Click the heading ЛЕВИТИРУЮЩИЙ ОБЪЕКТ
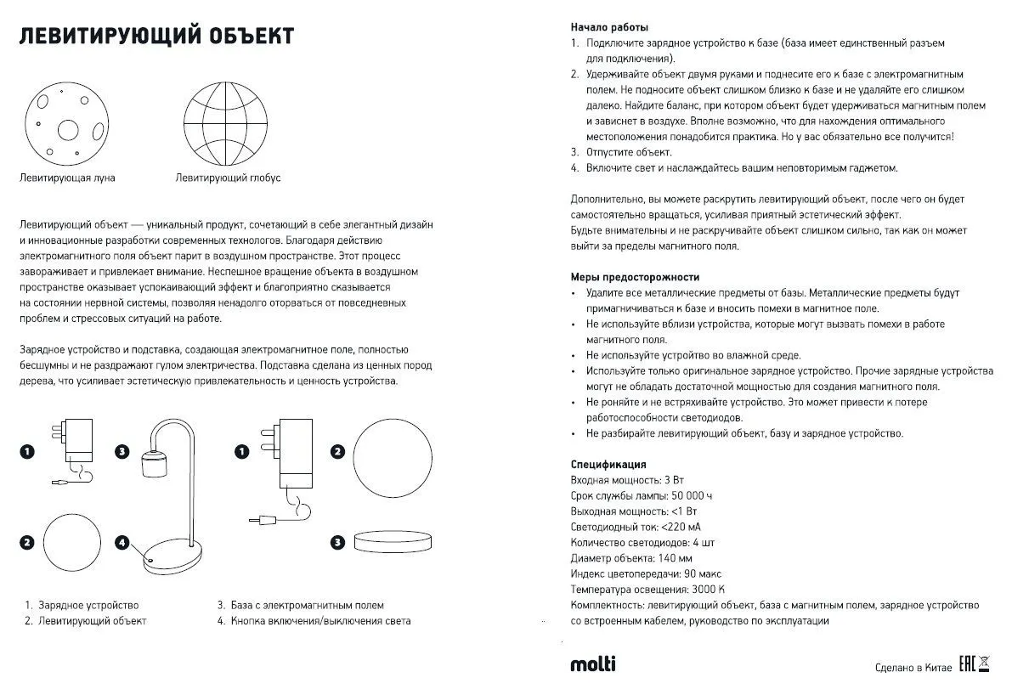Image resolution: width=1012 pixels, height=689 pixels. pyautogui.click(x=156, y=37)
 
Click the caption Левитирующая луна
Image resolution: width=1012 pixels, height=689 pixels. pyautogui.click(x=67, y=178)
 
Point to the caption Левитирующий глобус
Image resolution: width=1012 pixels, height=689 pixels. pyautogui.click(x=228, y=178)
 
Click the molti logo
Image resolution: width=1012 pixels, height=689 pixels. pyautogui.click(x=593, y=664)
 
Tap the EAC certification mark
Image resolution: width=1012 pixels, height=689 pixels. pyautogui.click(x=965, y=664)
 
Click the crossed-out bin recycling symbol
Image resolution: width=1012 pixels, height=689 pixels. pyautogui.click(x=985, y=664)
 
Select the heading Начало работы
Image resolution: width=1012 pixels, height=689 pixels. pyautogui.click(x=609, y=27)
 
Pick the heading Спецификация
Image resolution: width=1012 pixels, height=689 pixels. pyautogui.click(x=608, y=465)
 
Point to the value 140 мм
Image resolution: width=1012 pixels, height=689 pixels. pyautogui.click(x=676, y=558)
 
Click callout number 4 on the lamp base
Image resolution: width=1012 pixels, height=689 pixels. pyautogui.click(x=123, y=541)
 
